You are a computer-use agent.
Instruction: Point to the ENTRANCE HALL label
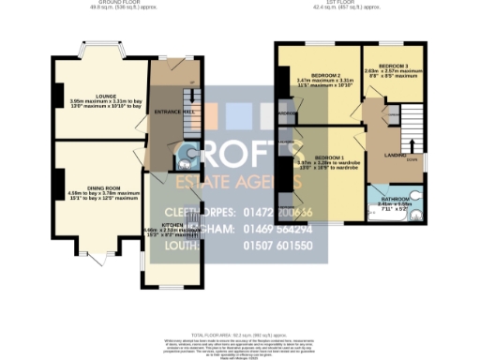[x=167, y=112]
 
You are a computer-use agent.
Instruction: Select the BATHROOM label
[x=394, y=199]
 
